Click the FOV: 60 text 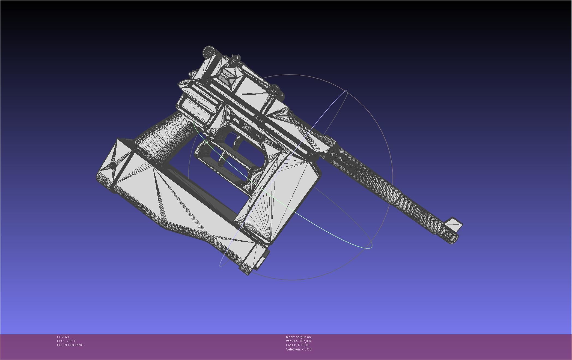coord(63,337)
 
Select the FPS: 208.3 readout coord(66,341)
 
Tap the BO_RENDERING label coord(70,345)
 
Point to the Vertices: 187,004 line coord(299,341)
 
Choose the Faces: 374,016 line coord(297,345)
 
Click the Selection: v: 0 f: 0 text coord(299,349)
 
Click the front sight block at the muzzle coord(453,224)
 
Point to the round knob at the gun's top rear coord(209,52)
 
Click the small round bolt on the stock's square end coord(113,165)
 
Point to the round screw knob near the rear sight coord(274,90)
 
